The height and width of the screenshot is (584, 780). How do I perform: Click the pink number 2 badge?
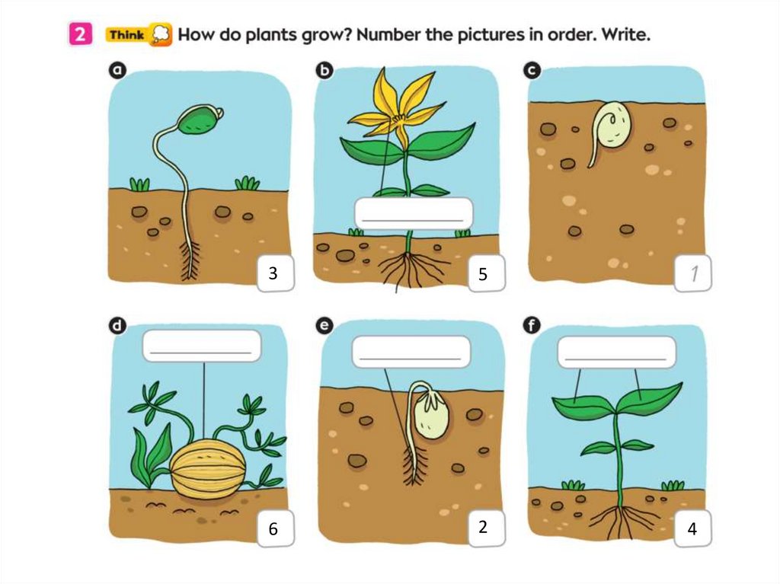coord(80,34)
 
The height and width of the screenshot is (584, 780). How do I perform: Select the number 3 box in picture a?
coord(276,273)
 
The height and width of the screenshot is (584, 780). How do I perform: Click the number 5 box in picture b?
coord(487,273)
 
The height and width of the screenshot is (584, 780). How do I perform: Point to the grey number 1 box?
coord(692,273)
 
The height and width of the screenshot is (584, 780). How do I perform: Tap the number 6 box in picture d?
coord(276,528)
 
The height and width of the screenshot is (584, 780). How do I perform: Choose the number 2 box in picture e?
coord(487,528)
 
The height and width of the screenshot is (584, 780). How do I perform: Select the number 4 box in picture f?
coord(692,528)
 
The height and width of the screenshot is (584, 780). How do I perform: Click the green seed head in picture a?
coord(200,119)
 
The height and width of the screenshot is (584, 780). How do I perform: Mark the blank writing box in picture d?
coord(201,346)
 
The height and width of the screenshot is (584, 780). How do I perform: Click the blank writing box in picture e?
coord(411,351)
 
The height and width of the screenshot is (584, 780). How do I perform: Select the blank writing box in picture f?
coord(616,352)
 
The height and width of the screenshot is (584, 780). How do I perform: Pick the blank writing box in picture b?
coord(414,213)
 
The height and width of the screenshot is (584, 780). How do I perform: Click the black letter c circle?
coord(532,71)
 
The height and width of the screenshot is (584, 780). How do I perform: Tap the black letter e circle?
coord(324,325)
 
